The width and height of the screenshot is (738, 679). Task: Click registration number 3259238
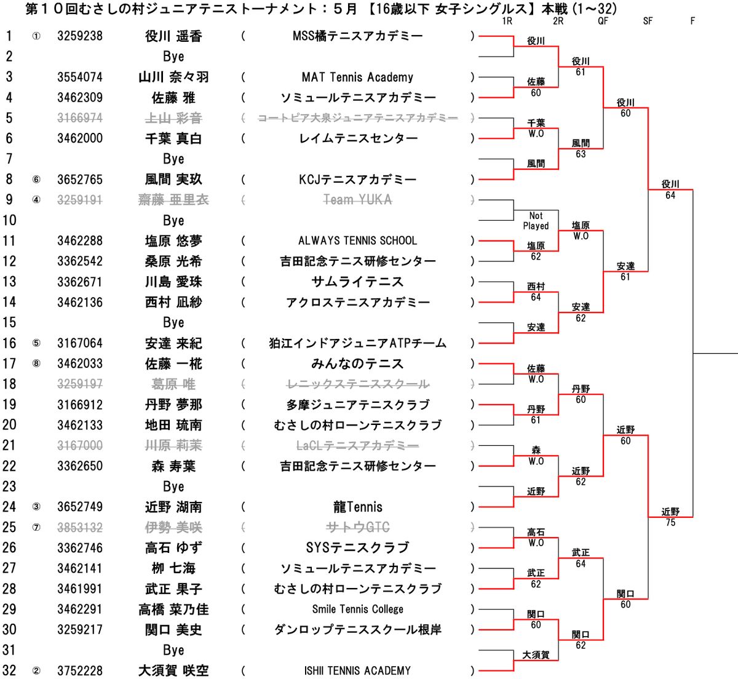tap(80, 36)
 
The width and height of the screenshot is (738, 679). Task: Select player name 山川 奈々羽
tap(173, 77)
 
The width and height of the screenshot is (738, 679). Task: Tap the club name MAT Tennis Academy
tap(357, 77)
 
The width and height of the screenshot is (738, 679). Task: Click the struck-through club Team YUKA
tap(357, 200)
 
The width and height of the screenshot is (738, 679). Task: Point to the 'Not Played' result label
tap(536, 221)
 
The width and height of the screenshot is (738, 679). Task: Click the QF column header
tap(603, 21)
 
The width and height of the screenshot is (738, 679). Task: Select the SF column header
tap(648, 21)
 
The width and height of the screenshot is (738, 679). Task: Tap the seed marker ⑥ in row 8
tap(36, 180)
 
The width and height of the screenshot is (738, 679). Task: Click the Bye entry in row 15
tap(173, 323)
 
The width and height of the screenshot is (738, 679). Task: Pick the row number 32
tap(9, 670)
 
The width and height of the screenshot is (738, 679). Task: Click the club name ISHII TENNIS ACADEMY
tap(357, 670)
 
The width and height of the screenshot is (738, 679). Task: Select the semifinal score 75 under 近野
tap(670, 523)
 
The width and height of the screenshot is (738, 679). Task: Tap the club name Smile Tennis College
tap(357, 609)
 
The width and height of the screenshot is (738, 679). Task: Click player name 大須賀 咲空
tap(173, 670)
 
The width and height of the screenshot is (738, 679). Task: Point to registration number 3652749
tap(80, 507)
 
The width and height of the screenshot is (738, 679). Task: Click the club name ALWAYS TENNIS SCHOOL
tap(357, 240)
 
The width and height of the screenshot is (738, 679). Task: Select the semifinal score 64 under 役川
tap(670, 196)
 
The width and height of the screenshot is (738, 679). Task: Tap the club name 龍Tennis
tap(357, 507)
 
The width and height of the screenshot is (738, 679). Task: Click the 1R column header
tap(507, 21)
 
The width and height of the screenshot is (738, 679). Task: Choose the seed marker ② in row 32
tap(36, 670)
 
